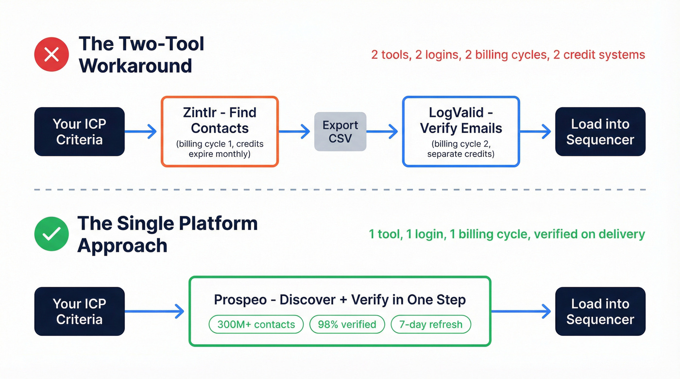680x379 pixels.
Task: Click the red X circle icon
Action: coord(51,54)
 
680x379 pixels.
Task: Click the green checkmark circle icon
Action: coord(51,234)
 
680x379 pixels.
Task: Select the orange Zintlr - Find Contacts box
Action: coord(220,132)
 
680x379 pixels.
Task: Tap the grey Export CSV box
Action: coord(340,132)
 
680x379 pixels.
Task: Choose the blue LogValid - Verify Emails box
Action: coord(461,132)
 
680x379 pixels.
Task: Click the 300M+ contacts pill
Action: coord(256,325)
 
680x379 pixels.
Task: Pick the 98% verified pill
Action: coord(347,325)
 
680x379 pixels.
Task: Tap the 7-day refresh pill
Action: coord(431,325)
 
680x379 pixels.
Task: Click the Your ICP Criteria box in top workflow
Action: coord(79,132)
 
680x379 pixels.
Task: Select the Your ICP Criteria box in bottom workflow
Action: coord(79,312)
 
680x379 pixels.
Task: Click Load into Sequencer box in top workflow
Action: coord(600,132)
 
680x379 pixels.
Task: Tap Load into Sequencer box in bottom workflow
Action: coord(600,312)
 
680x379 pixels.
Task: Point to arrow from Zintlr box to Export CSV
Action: coord(295,131)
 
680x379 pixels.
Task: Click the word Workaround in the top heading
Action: coord(136,66)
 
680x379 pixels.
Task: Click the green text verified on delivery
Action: coord(589,234)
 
